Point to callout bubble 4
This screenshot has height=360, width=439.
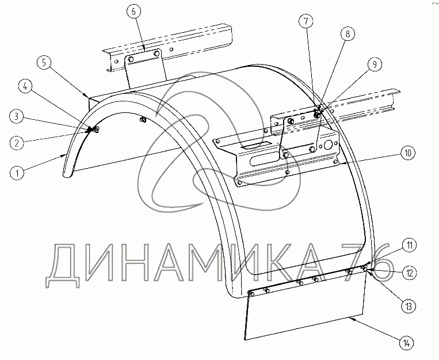click(x=24, y=87)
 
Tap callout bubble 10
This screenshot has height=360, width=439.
click(x=406, y=153)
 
